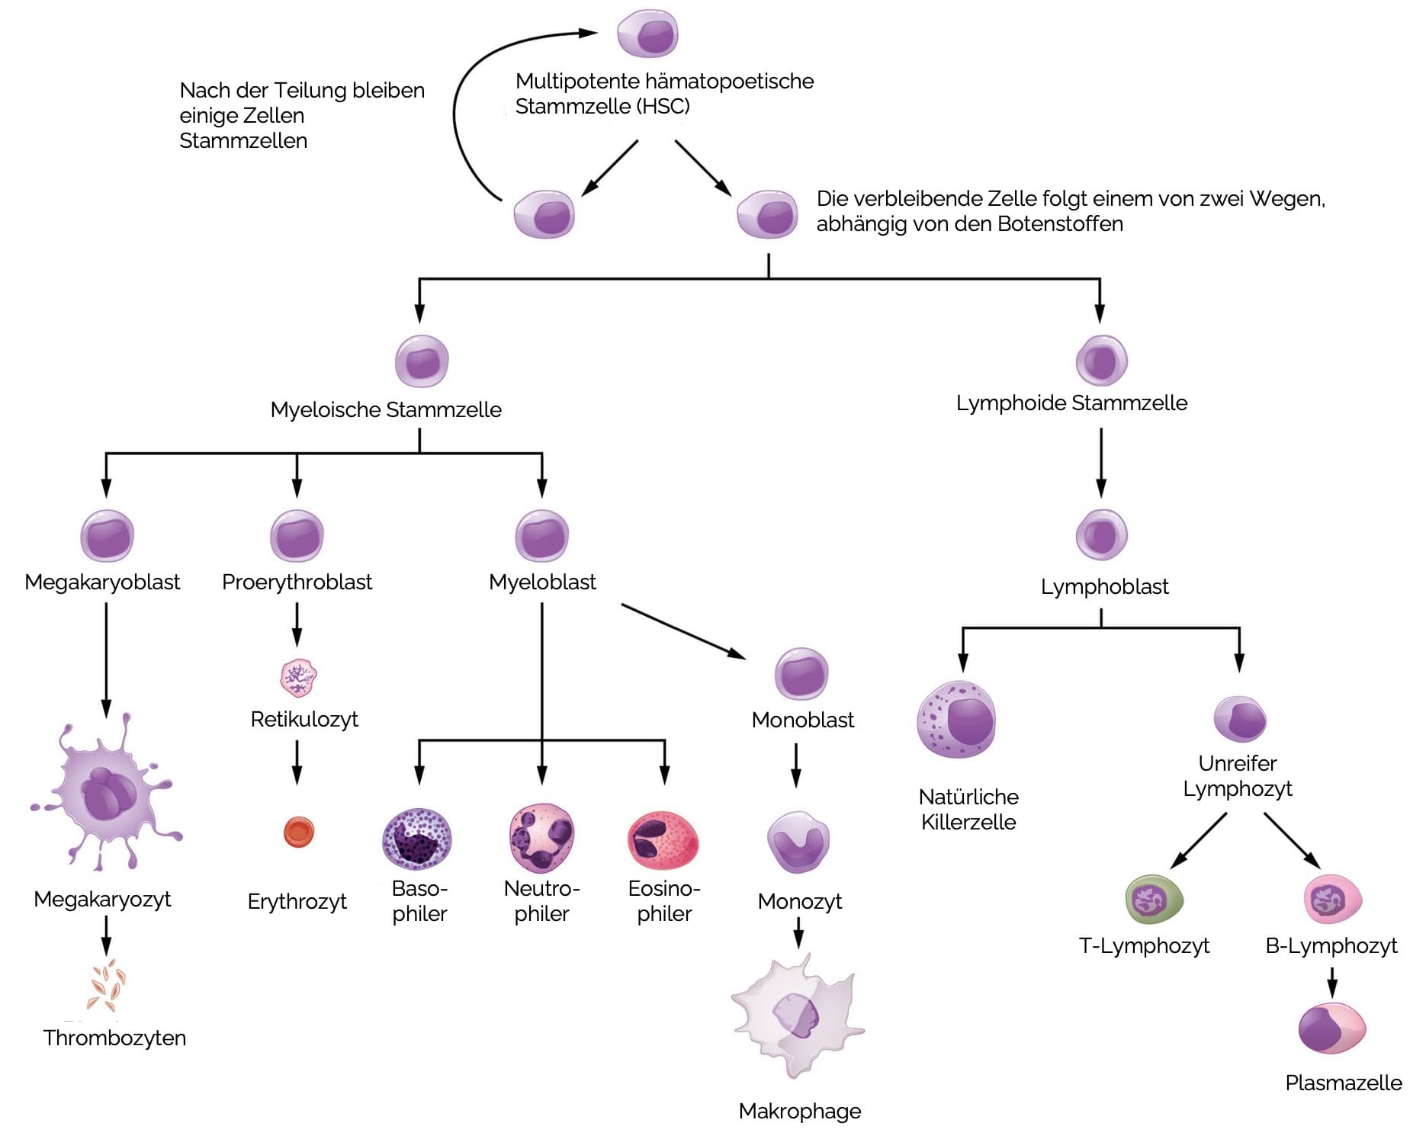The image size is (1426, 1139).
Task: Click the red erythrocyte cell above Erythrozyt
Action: [298, 832]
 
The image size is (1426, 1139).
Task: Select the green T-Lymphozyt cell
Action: [1154, 900]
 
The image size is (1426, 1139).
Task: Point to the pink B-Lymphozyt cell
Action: [1332, 900]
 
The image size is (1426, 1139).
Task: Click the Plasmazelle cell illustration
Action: [1331, 1028]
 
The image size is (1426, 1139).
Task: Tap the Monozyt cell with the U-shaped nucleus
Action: [798, 842]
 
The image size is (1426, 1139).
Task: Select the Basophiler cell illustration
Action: [416, 839]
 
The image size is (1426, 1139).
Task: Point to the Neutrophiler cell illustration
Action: [541, 838]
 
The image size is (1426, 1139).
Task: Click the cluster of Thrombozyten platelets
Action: [106, 985]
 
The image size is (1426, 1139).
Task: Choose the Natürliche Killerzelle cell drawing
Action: [956, 720]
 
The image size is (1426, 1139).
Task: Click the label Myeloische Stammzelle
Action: [386, 410]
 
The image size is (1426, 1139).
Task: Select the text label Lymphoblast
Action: [1104, 587]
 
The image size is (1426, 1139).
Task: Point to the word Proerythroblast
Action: [297, 582]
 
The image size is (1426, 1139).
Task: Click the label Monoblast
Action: [802, 720]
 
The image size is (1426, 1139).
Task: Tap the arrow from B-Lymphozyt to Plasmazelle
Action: [1331, 982]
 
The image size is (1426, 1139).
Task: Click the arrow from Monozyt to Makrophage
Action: [798, 932]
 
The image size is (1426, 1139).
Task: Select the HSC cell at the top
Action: [647, 34]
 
